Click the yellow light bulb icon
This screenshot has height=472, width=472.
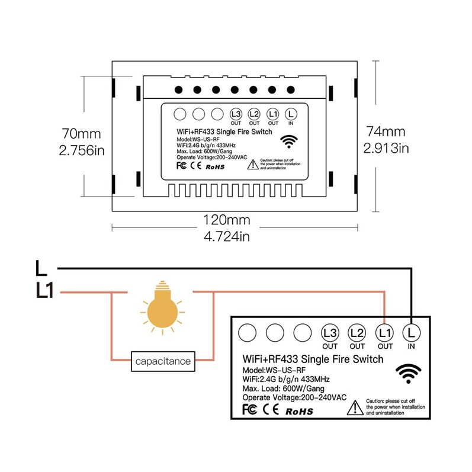[162, 310]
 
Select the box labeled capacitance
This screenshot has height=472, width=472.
[163, 361]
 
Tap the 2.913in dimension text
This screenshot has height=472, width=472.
[387, 147]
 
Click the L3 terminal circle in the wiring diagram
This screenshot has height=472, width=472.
[330, 333]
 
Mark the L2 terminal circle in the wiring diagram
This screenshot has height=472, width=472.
[357, 333]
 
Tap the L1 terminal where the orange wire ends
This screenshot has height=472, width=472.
[385, 333]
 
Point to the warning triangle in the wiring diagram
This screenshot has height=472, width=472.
[354, 407]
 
